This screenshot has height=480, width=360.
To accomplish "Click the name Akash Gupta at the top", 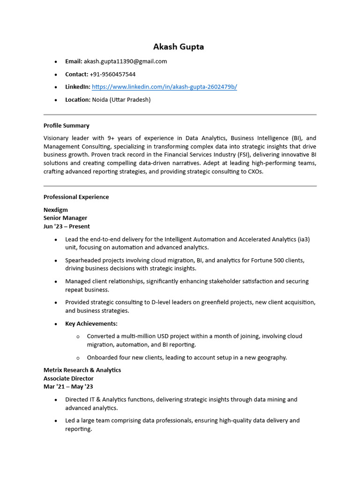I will click(179, 47).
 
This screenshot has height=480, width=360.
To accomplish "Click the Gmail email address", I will click(125, 61).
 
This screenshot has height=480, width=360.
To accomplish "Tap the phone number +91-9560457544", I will click(112, 74).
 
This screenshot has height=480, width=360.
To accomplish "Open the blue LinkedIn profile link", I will click(164, 87).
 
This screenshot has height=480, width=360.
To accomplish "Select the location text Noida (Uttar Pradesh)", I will click(121, 99).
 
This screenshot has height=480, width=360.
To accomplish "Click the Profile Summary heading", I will click(66, 126).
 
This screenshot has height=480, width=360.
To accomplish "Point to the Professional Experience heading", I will click(76, 197).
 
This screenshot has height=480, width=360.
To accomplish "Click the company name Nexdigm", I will click(56, 210).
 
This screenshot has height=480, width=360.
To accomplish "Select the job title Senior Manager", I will click(65, 218).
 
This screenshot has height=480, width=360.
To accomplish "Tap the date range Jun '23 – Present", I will click(67, 226).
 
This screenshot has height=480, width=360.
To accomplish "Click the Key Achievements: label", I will click(91, 323).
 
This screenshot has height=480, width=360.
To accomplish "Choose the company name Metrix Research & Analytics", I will click(82, 370).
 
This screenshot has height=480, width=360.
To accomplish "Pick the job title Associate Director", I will click(68, 378).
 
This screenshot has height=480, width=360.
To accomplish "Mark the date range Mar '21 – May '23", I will click(68, 387).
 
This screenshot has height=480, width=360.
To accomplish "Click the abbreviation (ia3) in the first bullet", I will click(304, 239).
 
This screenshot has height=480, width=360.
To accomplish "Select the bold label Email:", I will click(74, 61).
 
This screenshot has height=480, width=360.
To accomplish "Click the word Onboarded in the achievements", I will click(103, 357).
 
